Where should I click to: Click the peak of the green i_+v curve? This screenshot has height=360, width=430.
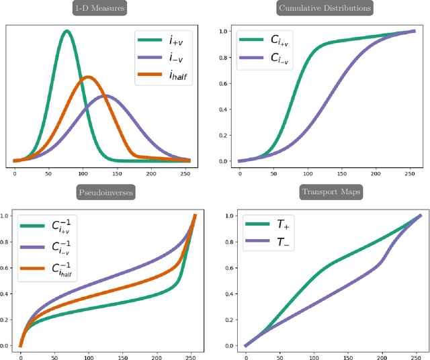tap(66, 31)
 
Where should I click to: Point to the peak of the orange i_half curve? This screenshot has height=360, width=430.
tap(87, 77)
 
